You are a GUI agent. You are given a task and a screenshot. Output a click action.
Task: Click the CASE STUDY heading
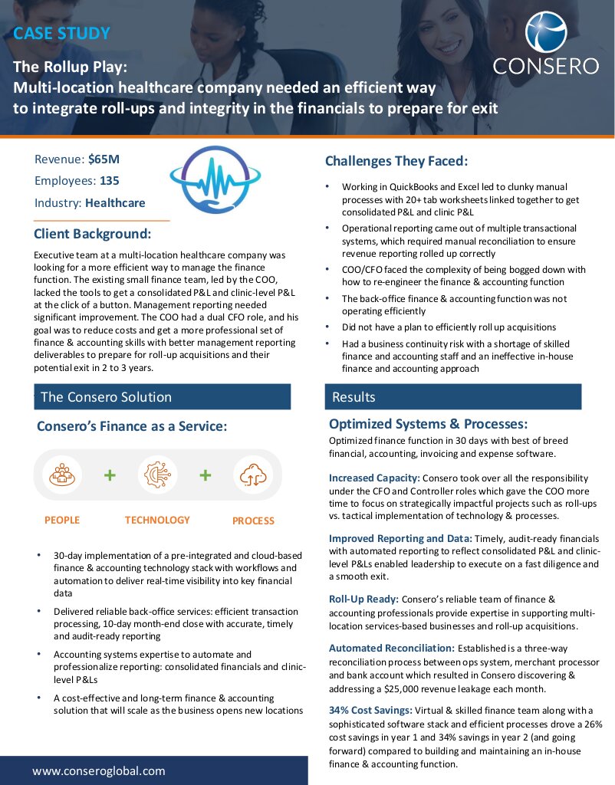coord(61,33)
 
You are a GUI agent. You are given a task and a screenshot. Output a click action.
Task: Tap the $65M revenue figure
coord(104,159)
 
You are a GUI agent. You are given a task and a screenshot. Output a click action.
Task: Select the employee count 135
coord(109,182)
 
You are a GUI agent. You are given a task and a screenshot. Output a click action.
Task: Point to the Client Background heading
coord(93,234)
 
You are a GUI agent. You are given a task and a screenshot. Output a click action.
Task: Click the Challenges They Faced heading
coord(396,161)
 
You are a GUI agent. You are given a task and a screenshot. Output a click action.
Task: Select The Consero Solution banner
coord(163,397)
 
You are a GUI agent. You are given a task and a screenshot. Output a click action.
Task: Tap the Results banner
coord(453,397)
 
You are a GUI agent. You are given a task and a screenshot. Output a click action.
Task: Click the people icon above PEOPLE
coord(61,475)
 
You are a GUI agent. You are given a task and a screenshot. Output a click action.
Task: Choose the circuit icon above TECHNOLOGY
coord(157,475)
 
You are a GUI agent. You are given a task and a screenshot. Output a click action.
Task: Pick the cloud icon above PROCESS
coord(252,475)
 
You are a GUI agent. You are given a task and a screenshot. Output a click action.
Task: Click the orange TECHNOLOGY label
coord(157,521)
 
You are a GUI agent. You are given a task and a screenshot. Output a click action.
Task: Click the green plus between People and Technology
coord(110,475)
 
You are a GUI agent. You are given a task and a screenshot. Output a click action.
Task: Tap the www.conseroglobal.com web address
coord(99,771)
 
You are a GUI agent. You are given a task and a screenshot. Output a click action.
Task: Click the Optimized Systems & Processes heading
coord(428,424)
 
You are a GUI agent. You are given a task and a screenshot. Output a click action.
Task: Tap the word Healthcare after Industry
coord(115,203)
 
